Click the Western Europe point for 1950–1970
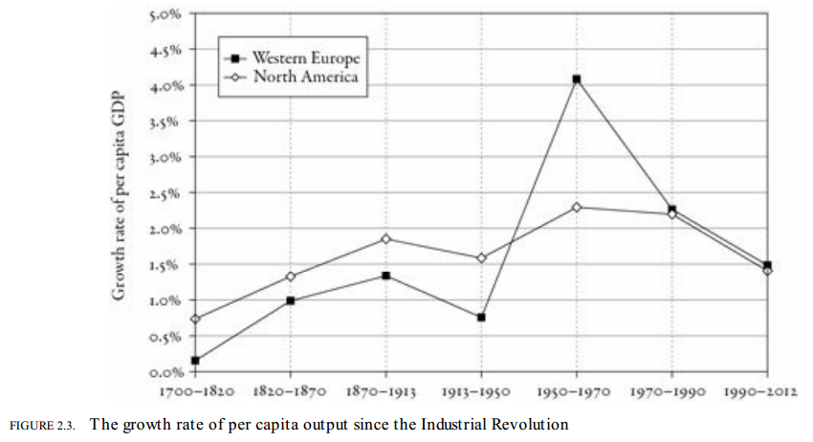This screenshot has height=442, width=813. tap(577, 79)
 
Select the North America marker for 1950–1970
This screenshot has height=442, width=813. tap(577, 207)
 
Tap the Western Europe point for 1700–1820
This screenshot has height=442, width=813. tap(195, 361)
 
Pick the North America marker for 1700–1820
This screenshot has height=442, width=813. tap(195, 319)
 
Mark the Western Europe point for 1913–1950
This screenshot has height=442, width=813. tap(481, 317)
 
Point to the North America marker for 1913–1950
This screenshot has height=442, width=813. tap(481, 257)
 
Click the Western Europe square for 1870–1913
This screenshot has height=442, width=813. tap(385, 276)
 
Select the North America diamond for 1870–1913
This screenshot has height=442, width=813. tap(385, 238)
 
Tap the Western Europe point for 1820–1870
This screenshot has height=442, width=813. tap(290, 300)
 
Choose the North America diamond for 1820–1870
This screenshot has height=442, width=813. tap(290, 276)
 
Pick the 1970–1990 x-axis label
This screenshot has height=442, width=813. tap(671, 391)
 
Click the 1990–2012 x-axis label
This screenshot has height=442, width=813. tap(766, 391)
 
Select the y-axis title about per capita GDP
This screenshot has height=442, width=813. tap(120, 196)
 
